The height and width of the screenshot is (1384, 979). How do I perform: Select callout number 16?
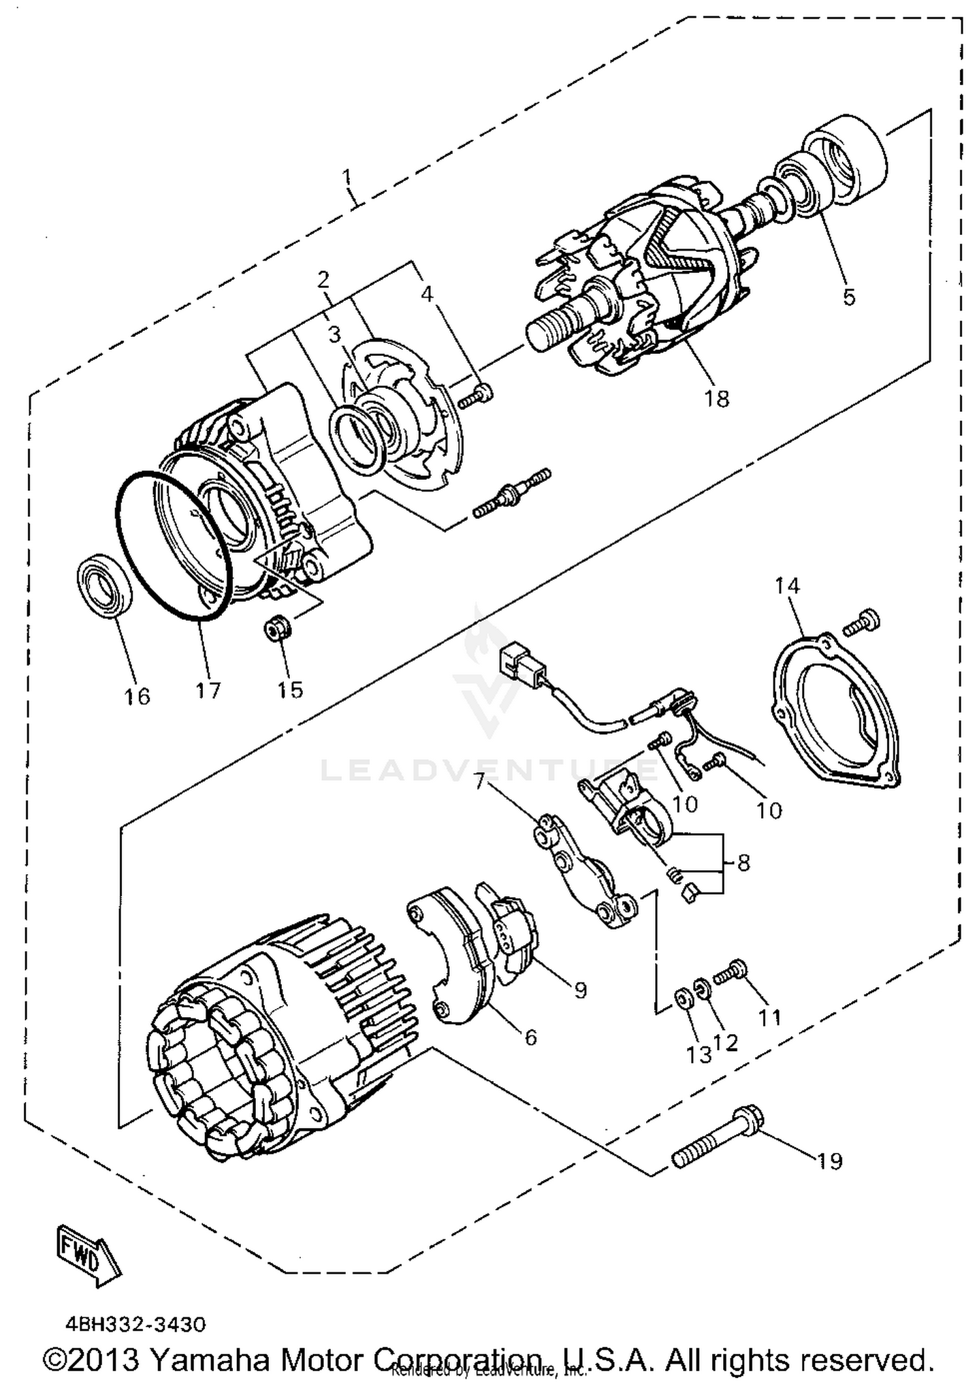(138, 697)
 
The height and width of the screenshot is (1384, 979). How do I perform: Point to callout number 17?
(208, 689)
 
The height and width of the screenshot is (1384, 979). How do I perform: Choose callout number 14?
(787, 586)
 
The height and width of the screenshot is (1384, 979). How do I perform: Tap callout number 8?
(743, 863)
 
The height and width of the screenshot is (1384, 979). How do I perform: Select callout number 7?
(480, 780)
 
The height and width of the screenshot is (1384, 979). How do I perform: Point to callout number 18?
(716, 398)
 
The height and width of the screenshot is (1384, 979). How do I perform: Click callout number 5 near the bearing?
(848, 296)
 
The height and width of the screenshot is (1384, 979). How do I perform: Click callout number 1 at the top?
(347, 177)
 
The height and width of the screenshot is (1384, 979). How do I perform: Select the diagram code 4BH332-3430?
(135, 1324)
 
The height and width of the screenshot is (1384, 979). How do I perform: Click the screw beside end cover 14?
(862, 621)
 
